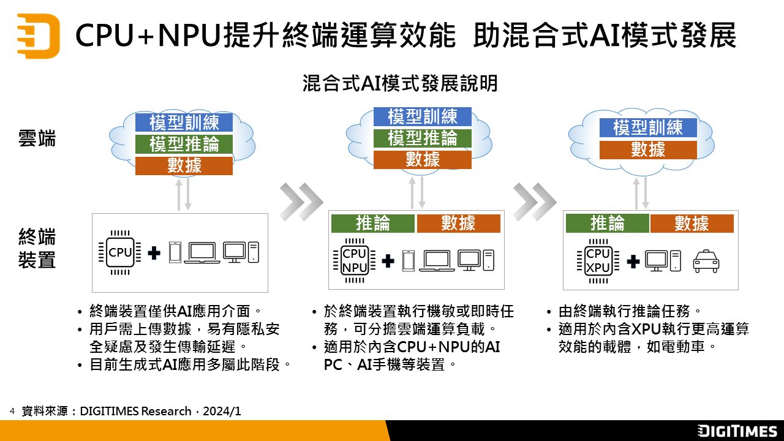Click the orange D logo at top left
click(38, 36)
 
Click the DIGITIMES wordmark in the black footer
click(737, 431)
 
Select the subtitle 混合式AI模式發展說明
click(400, 83)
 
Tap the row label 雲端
click(37, 139)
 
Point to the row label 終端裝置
click(37, 248)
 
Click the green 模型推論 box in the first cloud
click(184, 144)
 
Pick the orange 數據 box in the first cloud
click(184, 165)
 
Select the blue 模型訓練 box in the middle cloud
click(423, 116)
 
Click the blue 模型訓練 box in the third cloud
click(648, 127)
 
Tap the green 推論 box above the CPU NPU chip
click(372, 224)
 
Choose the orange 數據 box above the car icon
click(692, 224)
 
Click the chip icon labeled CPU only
click(120, 252)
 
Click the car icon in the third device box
click(706, 262)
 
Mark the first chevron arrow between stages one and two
click(301, 200)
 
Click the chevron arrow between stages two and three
click(534, 200)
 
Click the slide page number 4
click(12, 409)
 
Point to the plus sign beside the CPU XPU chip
click(633, 262)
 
